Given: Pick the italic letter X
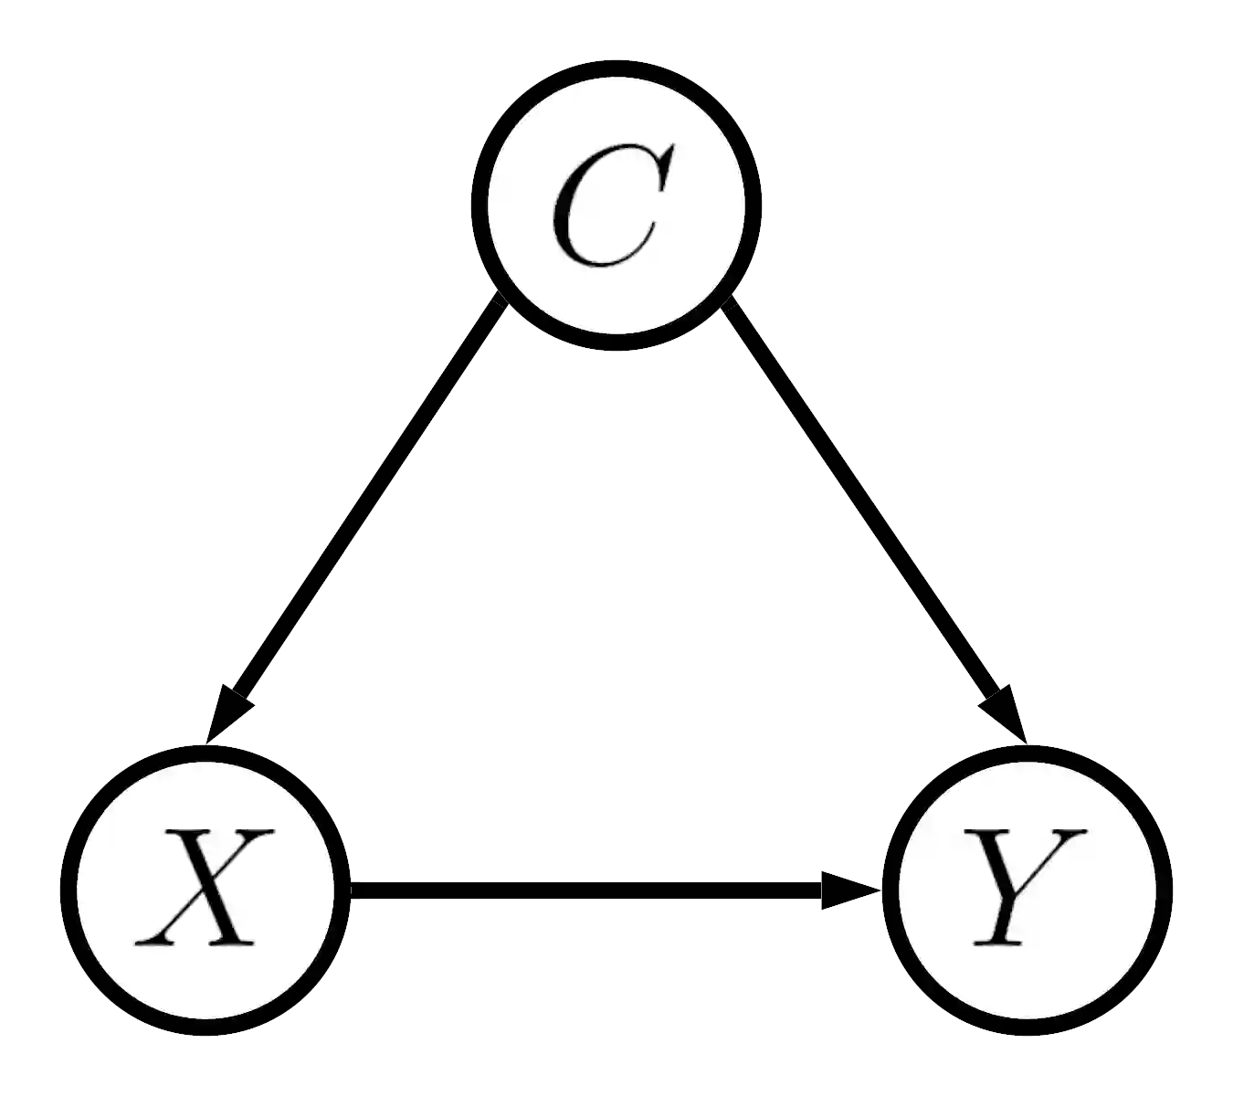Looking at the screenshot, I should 205,887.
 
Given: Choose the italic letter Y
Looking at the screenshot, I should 1027,887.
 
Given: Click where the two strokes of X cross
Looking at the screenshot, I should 205,885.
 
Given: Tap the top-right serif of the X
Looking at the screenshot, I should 256,832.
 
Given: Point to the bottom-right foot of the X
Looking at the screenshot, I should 233,942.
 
